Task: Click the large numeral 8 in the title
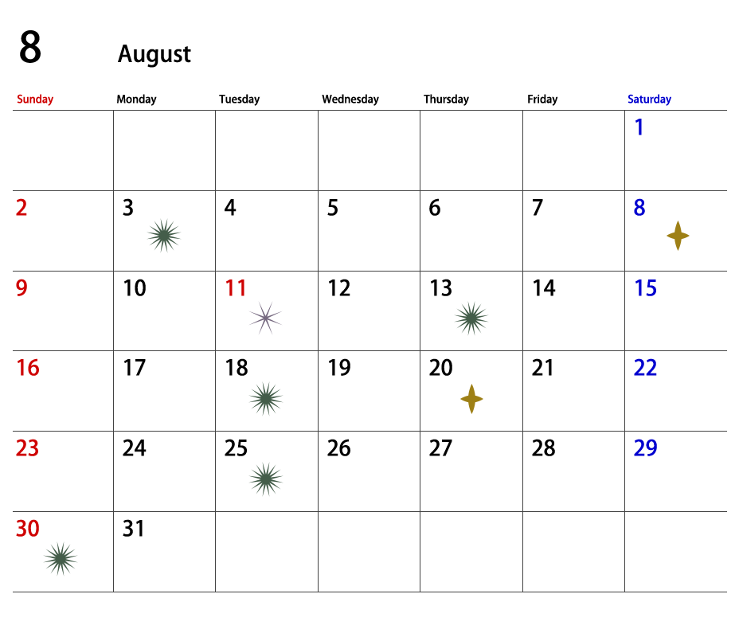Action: tap(30, 47)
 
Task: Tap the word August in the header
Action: tap(154, 53)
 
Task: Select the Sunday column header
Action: tap(35, 99)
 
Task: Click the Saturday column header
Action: tap(649, 99)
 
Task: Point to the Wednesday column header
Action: tap(350, 99)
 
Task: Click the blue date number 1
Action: tap(639, 127)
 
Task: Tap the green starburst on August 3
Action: tap(164, 236)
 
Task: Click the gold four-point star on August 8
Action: tap(678, 236)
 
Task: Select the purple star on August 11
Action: tap(265, 318)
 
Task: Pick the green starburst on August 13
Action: tap(471, 318)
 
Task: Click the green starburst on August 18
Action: tap(266, 399)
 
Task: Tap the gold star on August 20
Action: tap(471, 399)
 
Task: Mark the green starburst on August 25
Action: tap(266, 479)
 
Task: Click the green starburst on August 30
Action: tap(61, 559)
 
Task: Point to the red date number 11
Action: tap(236, 288)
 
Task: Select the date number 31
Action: tap(133, 529)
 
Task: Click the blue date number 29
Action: tap(645, 448)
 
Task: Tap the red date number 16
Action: tap(28, 368)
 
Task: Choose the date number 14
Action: tap(544, 288)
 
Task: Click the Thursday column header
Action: tap(446, 99)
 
